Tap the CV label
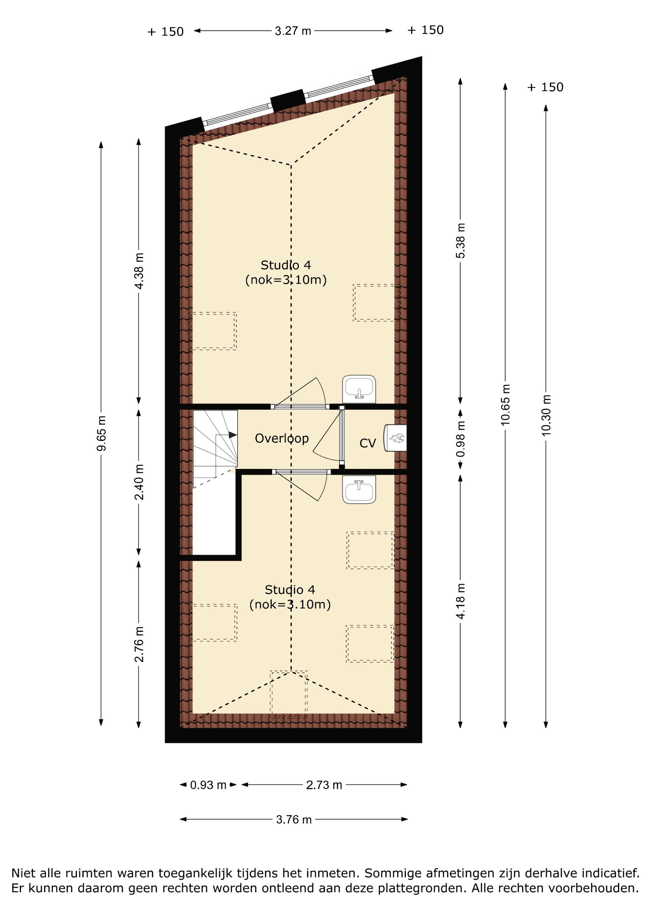(367, 443)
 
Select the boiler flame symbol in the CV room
(397, 438)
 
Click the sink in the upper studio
(359, 389)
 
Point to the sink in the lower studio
(359, 489)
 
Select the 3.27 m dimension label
(293, 31)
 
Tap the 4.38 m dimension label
(139, 271)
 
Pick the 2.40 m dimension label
(139, 482)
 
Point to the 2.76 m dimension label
(139, 644)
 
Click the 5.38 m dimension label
(461, 241)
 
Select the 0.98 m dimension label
(461, 439)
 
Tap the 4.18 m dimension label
(461, 601)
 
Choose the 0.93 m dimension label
(208, 785)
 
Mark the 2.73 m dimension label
(324, 785)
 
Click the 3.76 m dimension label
(294, 819)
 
